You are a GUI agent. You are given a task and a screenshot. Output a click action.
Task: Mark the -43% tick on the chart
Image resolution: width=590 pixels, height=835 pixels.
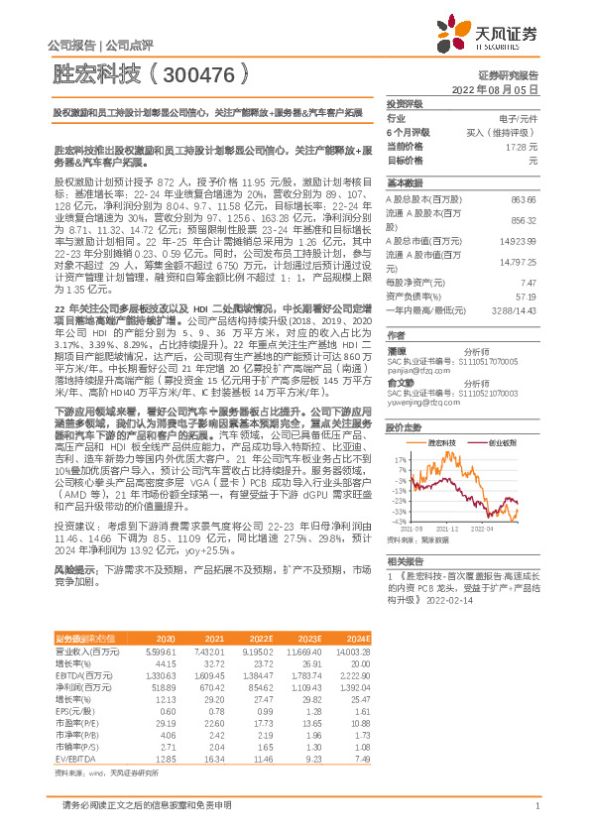[x=398, y=520]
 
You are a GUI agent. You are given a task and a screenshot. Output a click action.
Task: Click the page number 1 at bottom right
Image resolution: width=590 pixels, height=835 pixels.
[x=536, y=805]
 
